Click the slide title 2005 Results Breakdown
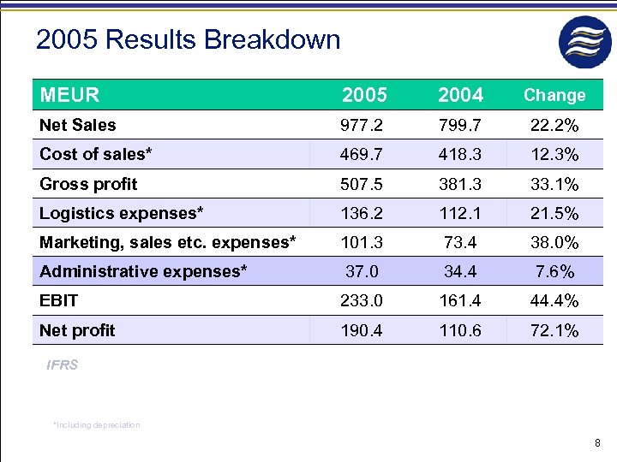pos(188,39)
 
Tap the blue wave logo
pos(585,41)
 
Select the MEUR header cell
pos(69,95)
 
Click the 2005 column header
pos(364,95)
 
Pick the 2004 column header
pos(460,95)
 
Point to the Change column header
pos(554,95)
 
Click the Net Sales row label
pos(78,125)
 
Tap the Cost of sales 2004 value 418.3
pos(460,155)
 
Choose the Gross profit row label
pos(88,184)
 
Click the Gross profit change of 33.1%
pos(554,184)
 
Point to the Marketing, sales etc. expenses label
pos(168,242)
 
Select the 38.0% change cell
pos(554,242)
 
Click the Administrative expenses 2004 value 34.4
pos(460,272)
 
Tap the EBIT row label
pos(58,300)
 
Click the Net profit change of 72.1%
pos(554,330)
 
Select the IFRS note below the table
pos(63,365)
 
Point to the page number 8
pos(597,442)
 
